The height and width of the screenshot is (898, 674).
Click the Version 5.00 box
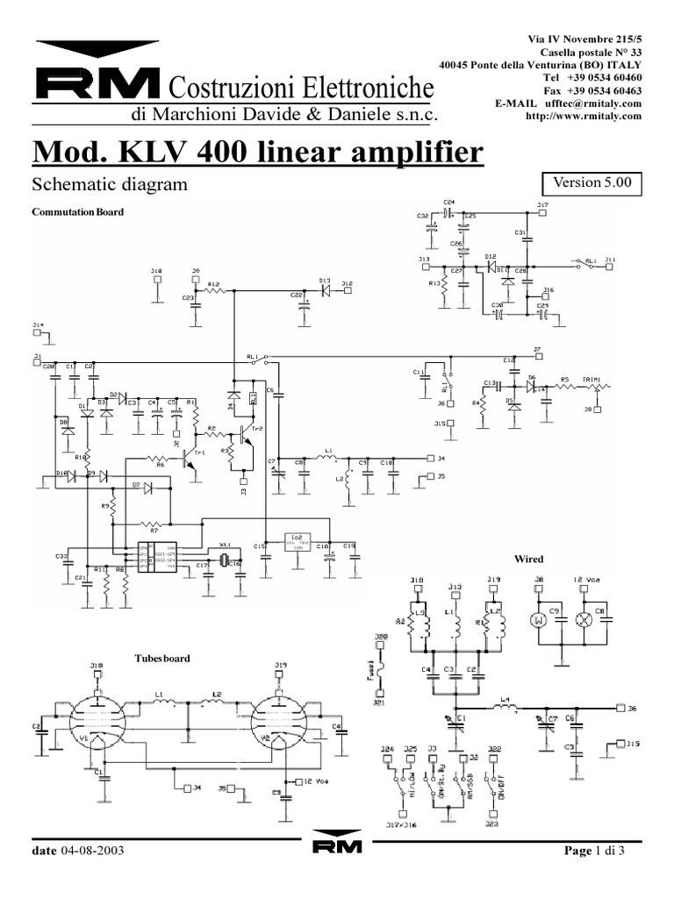[x=592, y=184]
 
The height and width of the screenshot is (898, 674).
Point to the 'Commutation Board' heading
[x=77, y=212]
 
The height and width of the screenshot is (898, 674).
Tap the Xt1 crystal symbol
[x=224, y=561]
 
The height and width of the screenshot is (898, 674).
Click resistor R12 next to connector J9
[x=213, y=289]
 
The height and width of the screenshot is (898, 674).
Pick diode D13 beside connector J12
[x=324, y=289]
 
